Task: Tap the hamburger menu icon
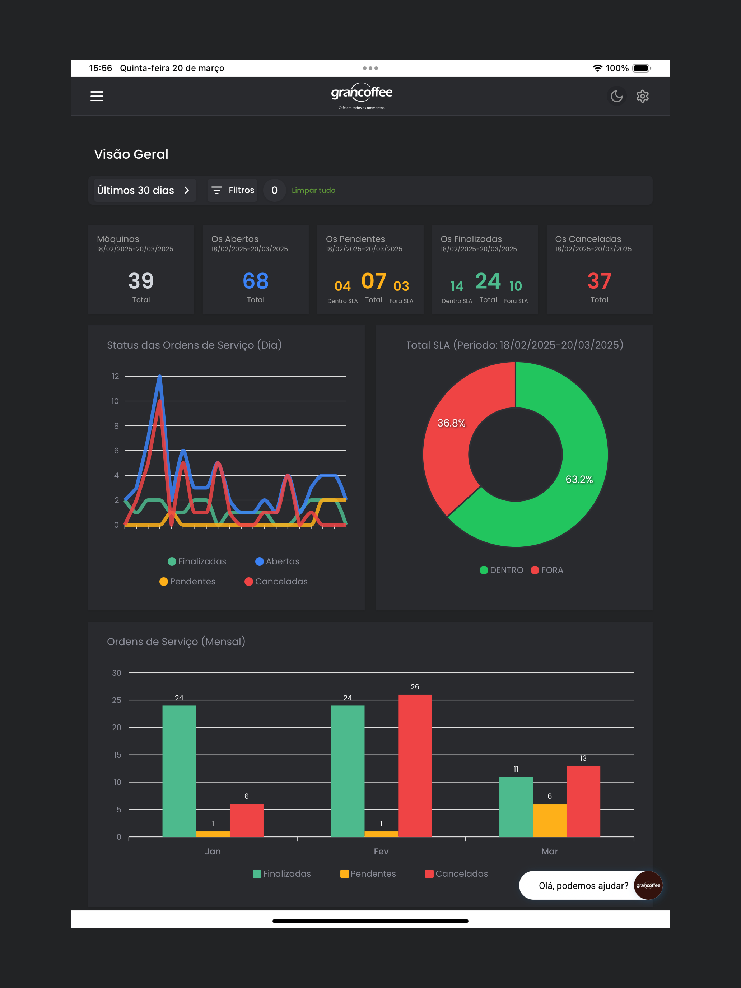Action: (97, 96)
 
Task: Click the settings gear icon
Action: (642, 96)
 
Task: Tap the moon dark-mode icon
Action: (616, 96)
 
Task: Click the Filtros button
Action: (232, 190)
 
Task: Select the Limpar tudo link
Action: (313, 190)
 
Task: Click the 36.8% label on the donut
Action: (451, 423)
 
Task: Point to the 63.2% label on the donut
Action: (579, 479)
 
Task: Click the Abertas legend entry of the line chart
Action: (278, 561)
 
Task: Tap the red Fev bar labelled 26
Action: (415, 765)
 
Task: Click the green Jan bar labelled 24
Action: (179, 771)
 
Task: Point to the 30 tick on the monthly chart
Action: (117, 673)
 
